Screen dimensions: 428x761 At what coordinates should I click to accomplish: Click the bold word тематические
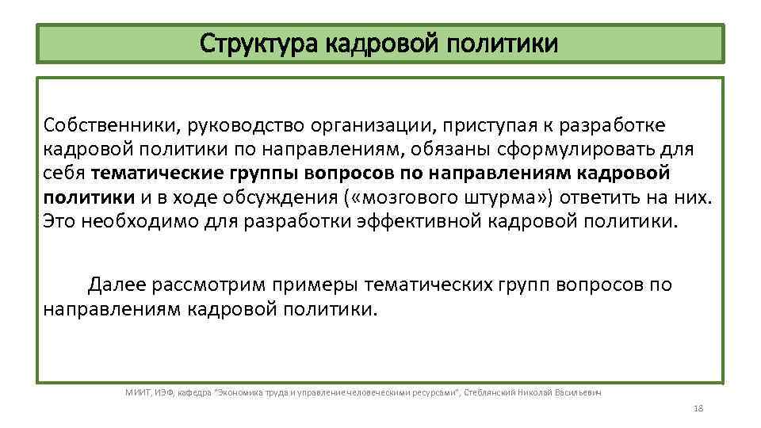click(159, 173)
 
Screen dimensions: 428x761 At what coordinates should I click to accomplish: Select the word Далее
click(117, 284)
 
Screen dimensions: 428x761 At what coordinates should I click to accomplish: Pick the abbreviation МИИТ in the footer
click(138, 392)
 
